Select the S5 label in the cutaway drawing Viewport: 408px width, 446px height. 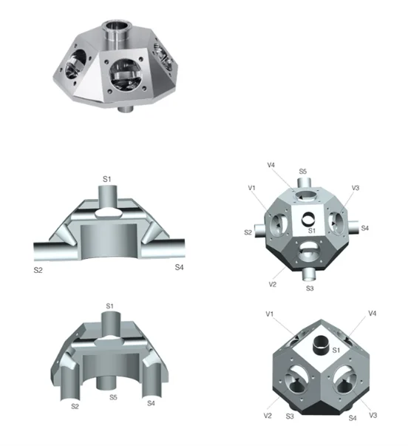tap(112, 397)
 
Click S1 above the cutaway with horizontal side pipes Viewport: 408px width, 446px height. tap(106, 179)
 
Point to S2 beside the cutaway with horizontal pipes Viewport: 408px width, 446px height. tap(39, 271)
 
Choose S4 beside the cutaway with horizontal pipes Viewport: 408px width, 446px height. tap(178, 266)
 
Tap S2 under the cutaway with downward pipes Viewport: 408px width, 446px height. tap(75, 405)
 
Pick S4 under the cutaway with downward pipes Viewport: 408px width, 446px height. tap(151, 403)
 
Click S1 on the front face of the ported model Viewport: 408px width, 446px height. tap(311, 232)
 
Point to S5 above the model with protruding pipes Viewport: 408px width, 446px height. tap(303, 171)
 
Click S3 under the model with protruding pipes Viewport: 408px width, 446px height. tap(310, 288)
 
